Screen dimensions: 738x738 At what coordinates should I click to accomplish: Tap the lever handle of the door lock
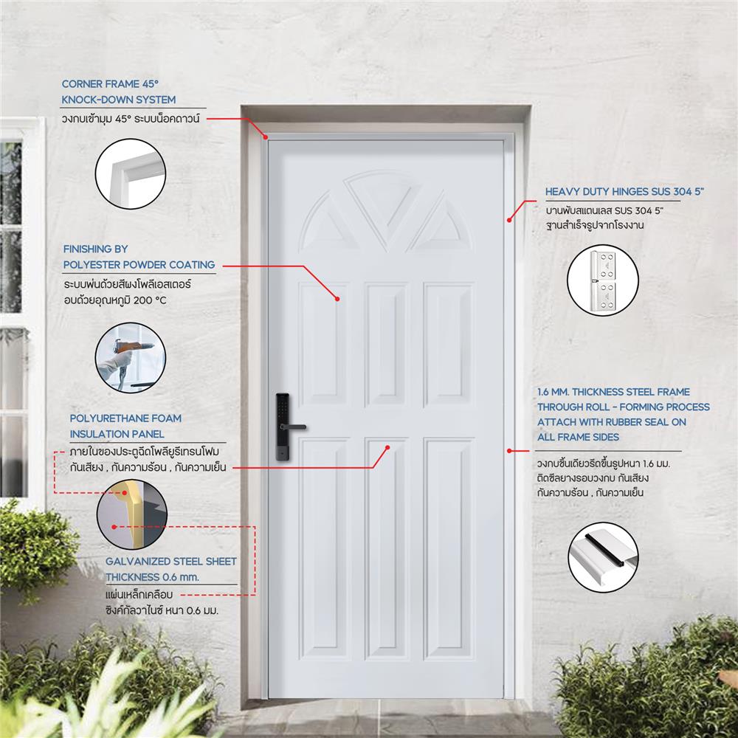click(295, 427)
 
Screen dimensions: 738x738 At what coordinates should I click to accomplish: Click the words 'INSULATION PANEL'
click(117, 434)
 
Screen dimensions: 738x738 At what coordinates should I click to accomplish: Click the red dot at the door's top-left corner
click(264, 136)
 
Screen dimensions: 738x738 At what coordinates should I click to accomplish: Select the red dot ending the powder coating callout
click(337, 299)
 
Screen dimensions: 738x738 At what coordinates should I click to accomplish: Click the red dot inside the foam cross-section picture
click(114, 527)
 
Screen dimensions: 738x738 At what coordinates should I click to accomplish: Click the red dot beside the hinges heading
click(509, 219)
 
